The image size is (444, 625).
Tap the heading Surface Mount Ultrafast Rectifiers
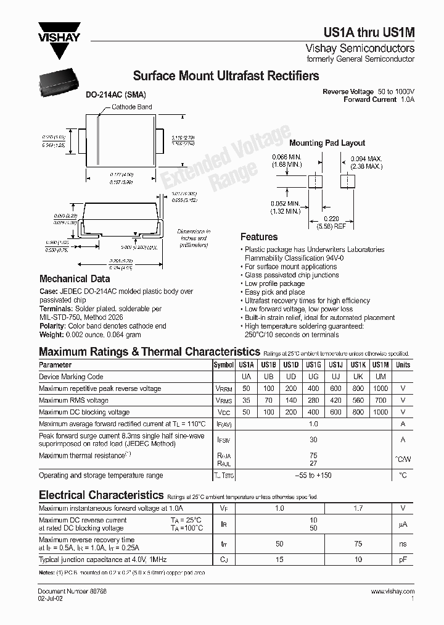(x=226, y=77)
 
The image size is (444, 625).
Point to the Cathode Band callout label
(x=131, y=107)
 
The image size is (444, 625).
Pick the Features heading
(x=259, y=237)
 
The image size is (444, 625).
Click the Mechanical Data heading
(x=75, y=279)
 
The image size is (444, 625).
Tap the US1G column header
(x=313, y=365)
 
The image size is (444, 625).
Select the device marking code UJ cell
(x=335, y=377)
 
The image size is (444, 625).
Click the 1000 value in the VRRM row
(x=380, y=388)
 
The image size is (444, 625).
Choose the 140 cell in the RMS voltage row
(x=290, y=400)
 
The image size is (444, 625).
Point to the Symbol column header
(x=223, y=365)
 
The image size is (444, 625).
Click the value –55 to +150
(x=313, y=476)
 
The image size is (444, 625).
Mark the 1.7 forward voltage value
(x=358, y=508)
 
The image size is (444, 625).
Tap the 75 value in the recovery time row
(x=358, y=543)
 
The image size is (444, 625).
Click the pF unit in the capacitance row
(x=403, y=560)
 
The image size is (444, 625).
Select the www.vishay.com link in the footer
(x=393, y=592)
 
